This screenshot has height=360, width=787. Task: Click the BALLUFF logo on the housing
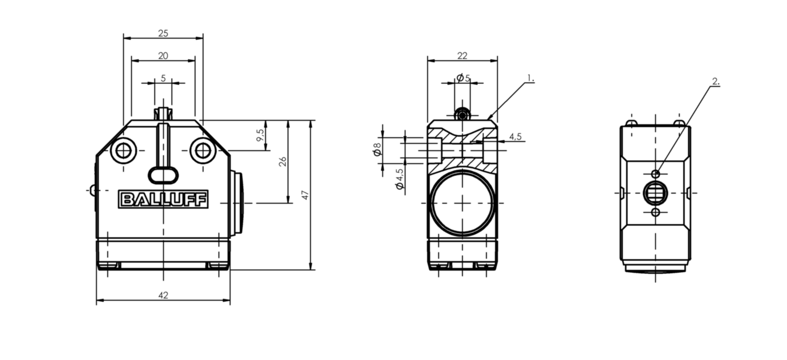[164, 199]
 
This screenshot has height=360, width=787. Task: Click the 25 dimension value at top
[163, 34]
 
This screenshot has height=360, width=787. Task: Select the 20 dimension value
[163, 55]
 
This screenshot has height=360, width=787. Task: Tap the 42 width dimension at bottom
[163, 295]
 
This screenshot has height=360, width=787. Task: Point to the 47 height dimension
[305, 195]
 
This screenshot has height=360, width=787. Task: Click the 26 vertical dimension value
[282, 161]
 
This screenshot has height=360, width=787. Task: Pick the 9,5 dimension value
[261, 136]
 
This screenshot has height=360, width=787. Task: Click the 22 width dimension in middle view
[462, 55]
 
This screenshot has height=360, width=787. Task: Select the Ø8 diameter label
[377, 149]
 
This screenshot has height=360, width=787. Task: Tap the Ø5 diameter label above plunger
[463, 78]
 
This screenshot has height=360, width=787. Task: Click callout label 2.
[716, 82]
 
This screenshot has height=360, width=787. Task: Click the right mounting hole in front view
[202, 151]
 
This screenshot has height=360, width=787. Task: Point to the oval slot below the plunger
[163, 174]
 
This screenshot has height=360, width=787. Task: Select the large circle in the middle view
[462, 203]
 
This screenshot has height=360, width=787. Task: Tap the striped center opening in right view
[655, 193]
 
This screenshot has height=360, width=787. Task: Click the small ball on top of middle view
[462, 116]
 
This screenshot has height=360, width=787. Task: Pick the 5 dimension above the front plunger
[163, 78]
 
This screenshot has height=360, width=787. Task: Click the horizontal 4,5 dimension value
[515, 136]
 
